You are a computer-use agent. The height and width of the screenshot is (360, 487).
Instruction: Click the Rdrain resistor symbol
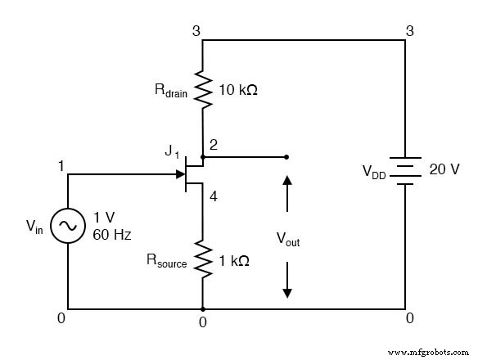(202, 91)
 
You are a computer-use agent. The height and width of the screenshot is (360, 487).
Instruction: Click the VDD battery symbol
(406, 171)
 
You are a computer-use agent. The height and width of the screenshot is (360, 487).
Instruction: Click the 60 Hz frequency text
(111, 235)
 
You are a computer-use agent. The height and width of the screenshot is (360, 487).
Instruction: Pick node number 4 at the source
(213, 196)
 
